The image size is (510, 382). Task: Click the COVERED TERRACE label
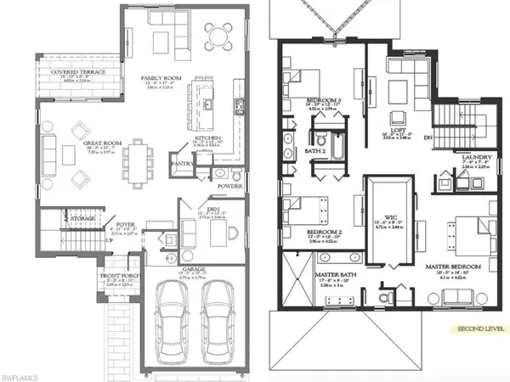pyautogui.click(x=77, y=72)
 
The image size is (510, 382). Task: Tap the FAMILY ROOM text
pyautogui.click(x=157, y=77)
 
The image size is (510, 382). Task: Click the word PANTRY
pyautogui.click(x=178, y=165)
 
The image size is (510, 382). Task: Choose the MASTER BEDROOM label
pyautogui.click(x=453, y=267)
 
